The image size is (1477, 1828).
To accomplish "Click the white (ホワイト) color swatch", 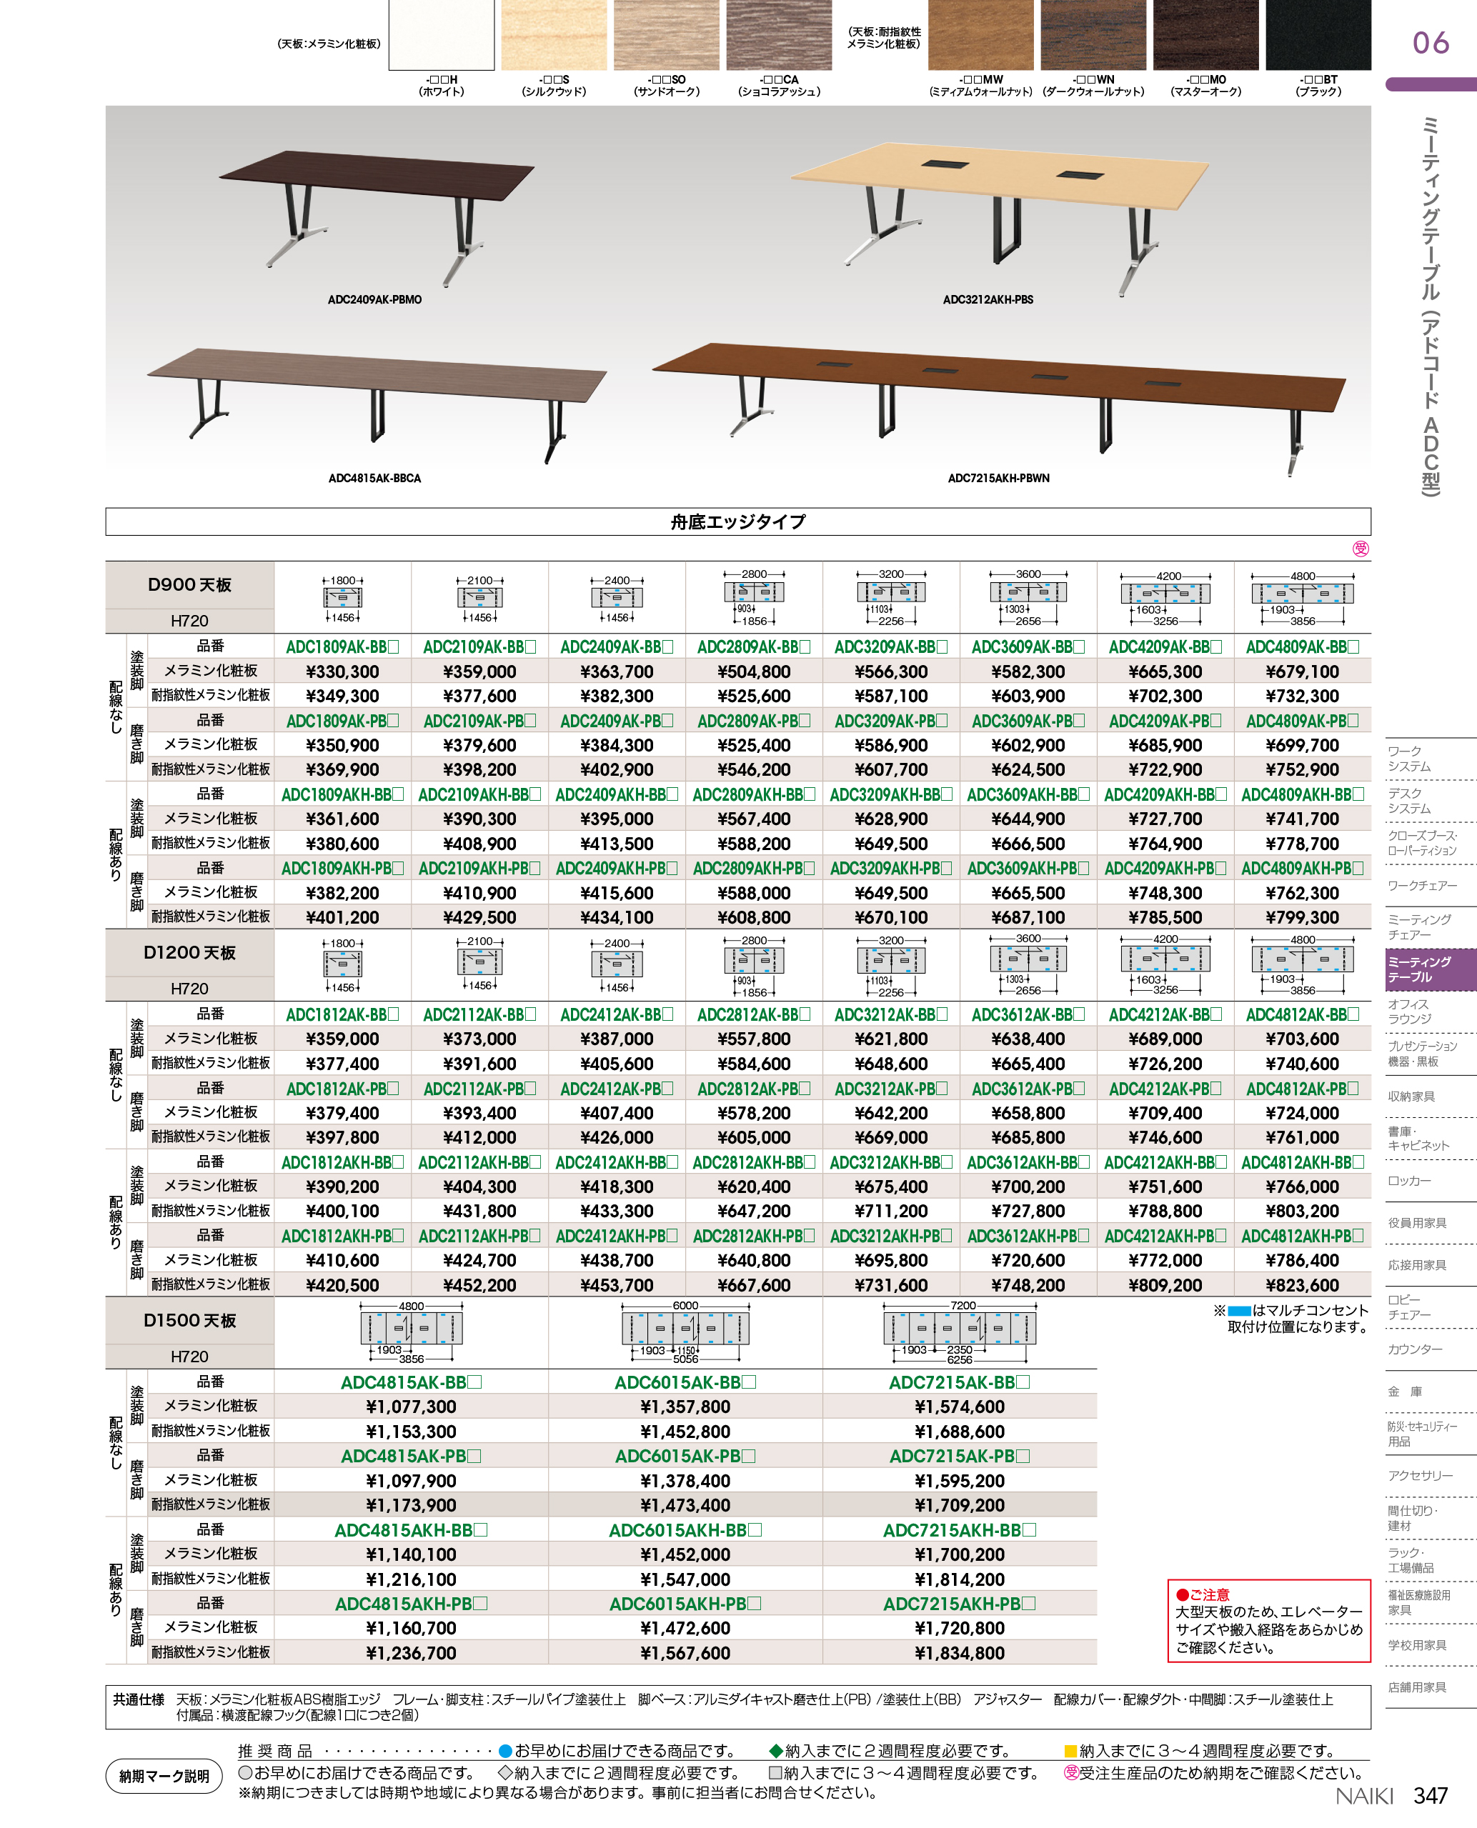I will point(441,36).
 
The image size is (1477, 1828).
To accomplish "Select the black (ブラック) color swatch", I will point(1318,36).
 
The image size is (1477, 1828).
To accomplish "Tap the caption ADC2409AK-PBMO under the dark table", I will point(374,299).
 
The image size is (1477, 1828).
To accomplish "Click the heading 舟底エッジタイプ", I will point(737,521).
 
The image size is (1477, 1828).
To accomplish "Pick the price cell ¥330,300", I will point(342,672).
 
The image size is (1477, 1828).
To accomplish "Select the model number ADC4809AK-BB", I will point(1302,646).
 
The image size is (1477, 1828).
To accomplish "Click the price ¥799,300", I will point(1302,917).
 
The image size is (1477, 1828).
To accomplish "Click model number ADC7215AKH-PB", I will point(959,1604).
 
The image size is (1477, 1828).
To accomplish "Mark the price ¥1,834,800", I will point(959,1653).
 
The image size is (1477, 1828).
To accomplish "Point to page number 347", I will point(1431,1795).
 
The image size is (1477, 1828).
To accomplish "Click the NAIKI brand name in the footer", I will point(1364,1796).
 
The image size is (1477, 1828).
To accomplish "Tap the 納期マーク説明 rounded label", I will point(164,1776).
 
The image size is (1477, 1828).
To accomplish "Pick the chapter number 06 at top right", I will point(1431,43).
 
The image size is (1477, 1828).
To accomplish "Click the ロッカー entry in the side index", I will point(1409,1181).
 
